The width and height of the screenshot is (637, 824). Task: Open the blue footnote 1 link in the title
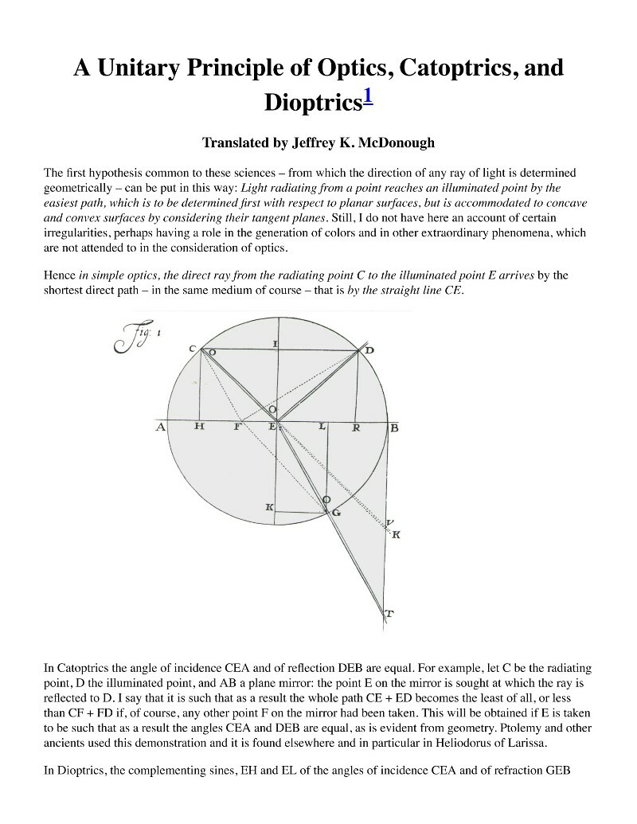(369, 100)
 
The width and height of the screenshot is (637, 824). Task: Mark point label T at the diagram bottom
(389, 613)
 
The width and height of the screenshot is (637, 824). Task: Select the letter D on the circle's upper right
(369, 350)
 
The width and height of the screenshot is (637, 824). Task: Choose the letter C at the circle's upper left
(193, 348)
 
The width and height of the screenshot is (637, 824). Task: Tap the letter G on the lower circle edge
(337, 513)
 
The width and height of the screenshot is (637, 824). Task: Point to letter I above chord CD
(275, 342)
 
